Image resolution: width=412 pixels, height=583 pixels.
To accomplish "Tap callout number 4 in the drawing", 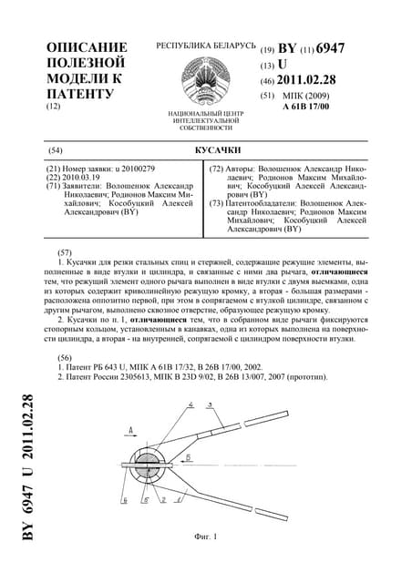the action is point(191,404).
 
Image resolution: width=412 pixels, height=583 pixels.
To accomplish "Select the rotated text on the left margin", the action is point(28,467).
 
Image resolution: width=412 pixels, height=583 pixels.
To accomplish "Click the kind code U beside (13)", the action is point(282,65).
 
